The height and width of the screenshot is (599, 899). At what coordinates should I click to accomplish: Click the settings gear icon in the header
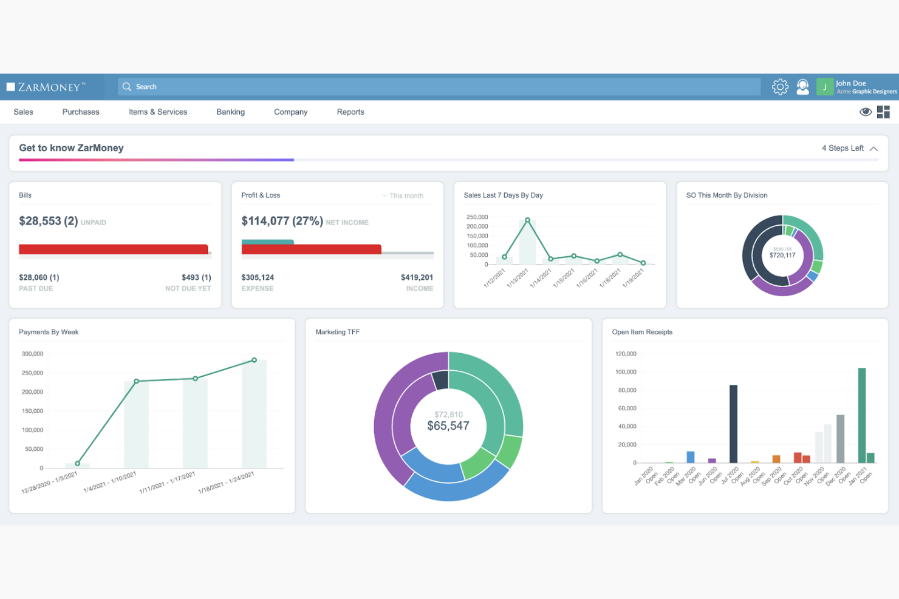(780, 87)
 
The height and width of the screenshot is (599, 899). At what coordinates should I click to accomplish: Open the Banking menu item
(230, 112)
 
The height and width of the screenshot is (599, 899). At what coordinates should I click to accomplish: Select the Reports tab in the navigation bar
(350, 112)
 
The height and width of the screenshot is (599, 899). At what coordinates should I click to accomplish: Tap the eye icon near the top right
(866, 112)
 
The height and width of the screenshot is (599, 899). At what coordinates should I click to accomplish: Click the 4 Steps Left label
(843, 148)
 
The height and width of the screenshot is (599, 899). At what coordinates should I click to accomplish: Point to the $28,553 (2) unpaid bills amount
(49, 222)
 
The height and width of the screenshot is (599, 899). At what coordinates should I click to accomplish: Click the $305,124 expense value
(258, 277)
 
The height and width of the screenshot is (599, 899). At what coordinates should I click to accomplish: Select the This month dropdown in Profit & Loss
(406, 196)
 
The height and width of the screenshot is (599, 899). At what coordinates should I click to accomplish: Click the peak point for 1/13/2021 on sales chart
(527, 220)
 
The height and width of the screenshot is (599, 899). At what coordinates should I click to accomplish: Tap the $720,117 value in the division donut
(782, 256)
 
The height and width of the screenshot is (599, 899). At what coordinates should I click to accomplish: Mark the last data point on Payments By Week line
(255, 360)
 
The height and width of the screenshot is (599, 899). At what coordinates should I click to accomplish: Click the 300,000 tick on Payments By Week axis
(32, 354)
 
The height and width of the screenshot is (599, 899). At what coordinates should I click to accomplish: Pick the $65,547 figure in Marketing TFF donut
(448, 426)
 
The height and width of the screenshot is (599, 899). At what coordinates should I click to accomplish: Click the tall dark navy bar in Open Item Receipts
(733, 424)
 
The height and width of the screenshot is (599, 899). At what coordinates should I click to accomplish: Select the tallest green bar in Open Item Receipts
(861, 415)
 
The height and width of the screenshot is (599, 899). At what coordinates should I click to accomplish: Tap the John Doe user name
(850, 83)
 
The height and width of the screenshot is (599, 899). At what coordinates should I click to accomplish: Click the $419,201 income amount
(417, 277)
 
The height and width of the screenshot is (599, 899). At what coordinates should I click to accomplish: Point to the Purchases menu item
(81, 112)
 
